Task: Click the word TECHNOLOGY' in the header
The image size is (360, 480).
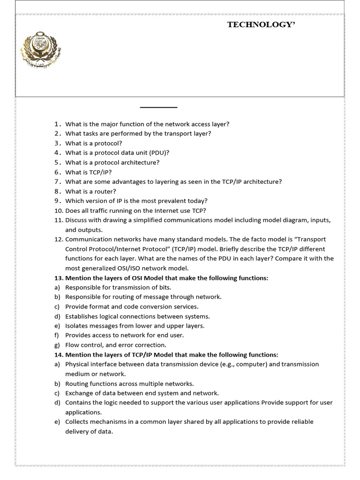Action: tap(262, 25)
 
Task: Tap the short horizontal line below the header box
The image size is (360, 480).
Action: tap(158, 108)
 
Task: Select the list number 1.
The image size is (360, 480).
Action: tap(58, 124)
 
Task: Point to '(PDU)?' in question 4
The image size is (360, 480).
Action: tap(160, 153)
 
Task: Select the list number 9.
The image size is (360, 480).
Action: tap(58, 201)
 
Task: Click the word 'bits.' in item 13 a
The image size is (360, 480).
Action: tap(164, 287)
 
